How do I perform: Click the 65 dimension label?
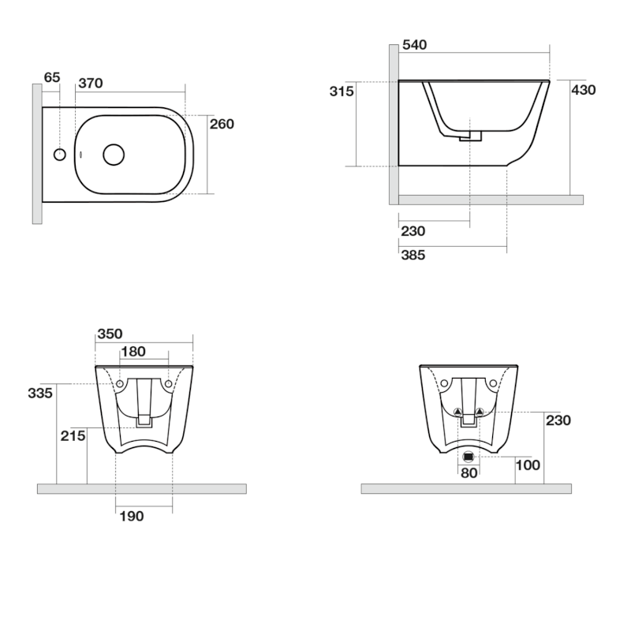[52, 77]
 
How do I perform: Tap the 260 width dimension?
[222, 124]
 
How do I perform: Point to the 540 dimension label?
[414, 46]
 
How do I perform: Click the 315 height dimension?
[341, 91]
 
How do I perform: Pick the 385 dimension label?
[413, 256]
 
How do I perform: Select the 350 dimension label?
[110, 334]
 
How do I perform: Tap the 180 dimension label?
[133, 352]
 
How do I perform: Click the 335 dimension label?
[40, 393]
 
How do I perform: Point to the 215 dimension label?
[73, 435]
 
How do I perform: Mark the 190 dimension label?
[131, 516]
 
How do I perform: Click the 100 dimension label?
[528, 465]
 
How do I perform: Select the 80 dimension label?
[469, 473]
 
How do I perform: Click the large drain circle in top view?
[114, 154]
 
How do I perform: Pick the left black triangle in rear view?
[457, 412]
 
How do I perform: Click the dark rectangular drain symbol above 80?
[469, 456]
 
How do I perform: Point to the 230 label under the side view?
[413, 231]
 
